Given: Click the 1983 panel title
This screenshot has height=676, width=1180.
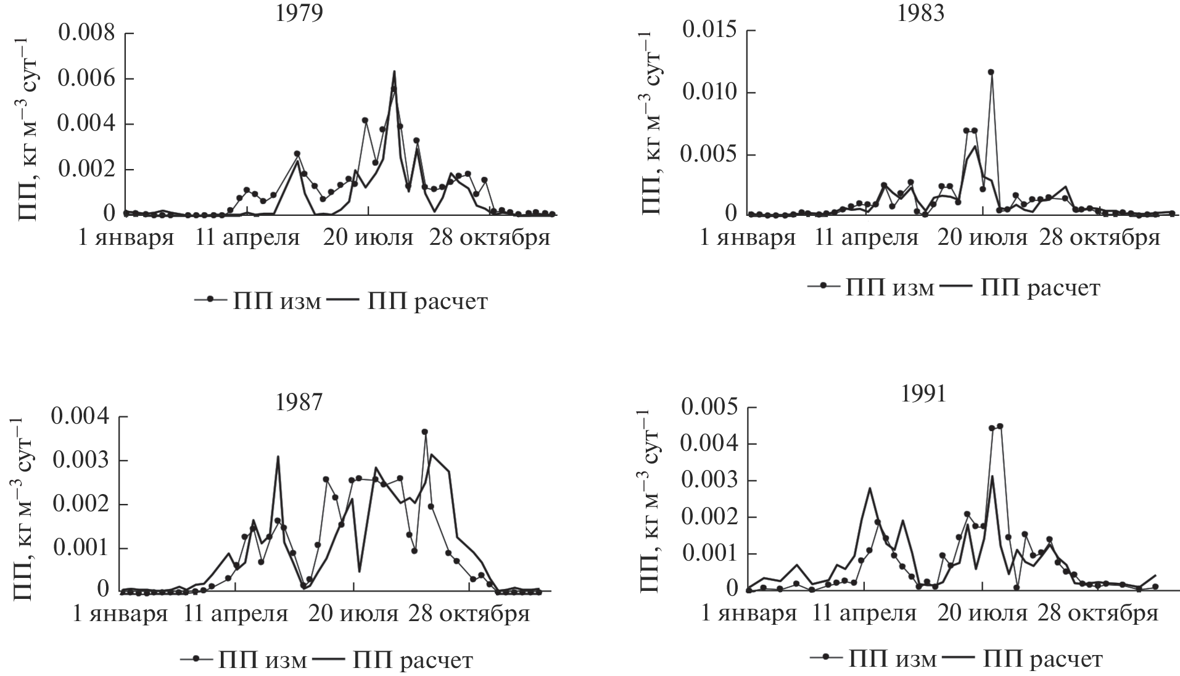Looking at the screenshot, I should point(922,13).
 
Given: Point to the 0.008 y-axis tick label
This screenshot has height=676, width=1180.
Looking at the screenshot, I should point(87,33).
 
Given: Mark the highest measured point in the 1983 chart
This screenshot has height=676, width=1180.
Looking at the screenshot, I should point(991,72).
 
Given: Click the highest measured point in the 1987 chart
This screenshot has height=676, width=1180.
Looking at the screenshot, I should point(424,432).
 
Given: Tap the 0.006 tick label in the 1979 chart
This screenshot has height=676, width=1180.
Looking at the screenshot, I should point(87,79).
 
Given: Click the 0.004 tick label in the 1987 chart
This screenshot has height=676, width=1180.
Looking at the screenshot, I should point(81,417).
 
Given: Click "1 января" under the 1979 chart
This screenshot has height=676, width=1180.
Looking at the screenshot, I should point(126,237).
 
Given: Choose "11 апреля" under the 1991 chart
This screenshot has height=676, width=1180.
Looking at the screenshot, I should point(865,614).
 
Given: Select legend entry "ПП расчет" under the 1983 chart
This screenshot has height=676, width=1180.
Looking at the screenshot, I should point(1040,287).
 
